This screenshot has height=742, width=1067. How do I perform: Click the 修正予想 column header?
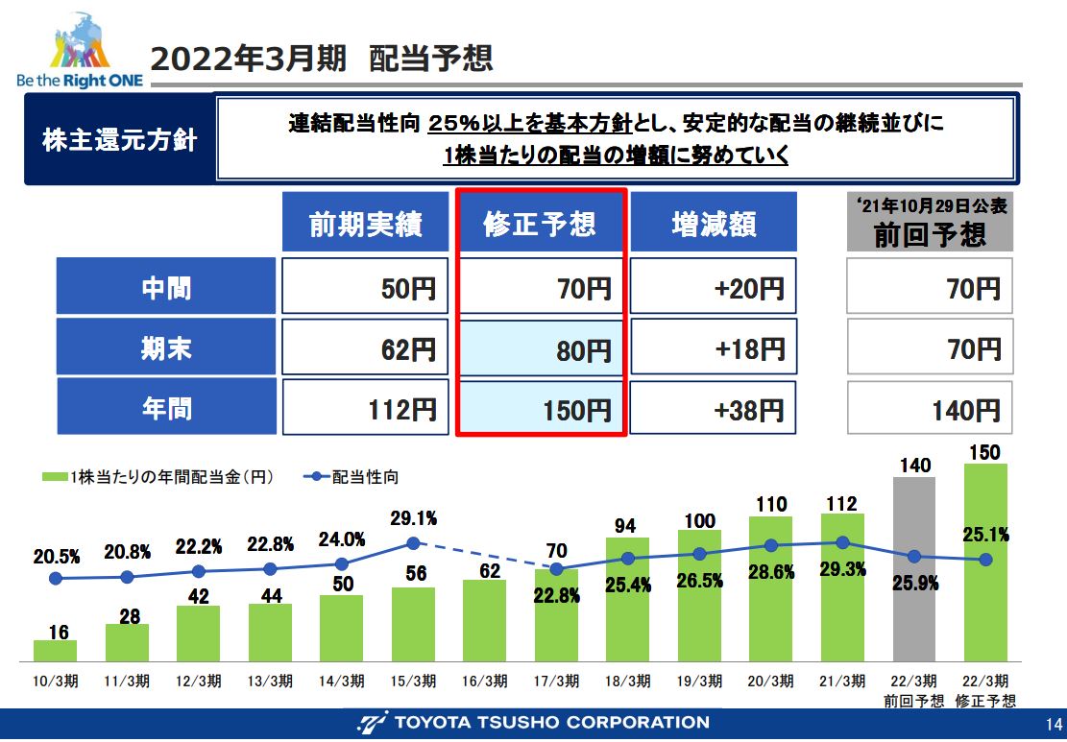pyautogui.click(x=540, y=224)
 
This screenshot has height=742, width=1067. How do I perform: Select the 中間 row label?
pyautogui.click(x=166, y=286)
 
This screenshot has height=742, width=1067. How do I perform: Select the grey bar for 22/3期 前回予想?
pyautogui.click(x=913, y=566)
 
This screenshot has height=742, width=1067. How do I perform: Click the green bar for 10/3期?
pyautogui.click(x=55, y=652)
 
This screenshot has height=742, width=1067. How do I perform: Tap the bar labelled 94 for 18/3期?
pyautogui.click(x=627, y=600)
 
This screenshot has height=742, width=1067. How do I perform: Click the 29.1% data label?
pyautogui.click(x=413, y=518)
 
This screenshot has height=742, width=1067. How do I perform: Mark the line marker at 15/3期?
pyautogui.click(x=413, y=543)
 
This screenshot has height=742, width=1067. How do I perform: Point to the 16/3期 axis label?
pyautogui.click(x=484, y=682)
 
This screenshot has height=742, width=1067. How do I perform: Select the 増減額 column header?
pyautogui.click(x=714, y=224)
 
